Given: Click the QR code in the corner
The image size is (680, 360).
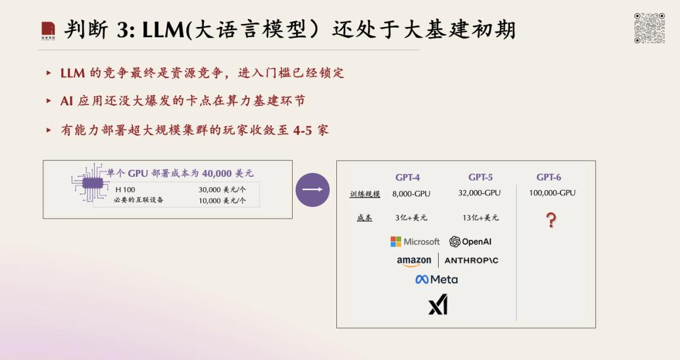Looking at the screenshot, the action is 650,28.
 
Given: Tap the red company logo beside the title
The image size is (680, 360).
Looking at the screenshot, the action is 48,31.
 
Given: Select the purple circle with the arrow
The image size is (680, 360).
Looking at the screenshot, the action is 313,189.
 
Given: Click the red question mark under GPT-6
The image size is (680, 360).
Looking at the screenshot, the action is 551,220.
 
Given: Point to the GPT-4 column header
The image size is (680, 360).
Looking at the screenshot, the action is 407,177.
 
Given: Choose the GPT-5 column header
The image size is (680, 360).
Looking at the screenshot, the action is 480,177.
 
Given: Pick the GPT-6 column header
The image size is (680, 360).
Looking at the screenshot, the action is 548,177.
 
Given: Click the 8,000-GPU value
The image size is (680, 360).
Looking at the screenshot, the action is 411,194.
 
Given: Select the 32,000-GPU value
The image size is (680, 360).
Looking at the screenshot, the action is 479,193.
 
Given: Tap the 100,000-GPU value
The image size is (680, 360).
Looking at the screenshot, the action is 552,193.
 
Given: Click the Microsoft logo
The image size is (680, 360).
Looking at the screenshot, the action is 415,242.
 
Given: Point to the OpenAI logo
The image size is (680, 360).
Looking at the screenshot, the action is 470,242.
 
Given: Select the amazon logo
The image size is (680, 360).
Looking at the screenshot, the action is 414,261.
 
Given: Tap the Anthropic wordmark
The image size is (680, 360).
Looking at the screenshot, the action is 472,261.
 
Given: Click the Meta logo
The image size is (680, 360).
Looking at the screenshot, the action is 436,280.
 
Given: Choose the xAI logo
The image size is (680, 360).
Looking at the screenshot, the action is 438,305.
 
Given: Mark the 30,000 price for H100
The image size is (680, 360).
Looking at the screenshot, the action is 210,189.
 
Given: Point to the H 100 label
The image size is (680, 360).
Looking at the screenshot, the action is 125,189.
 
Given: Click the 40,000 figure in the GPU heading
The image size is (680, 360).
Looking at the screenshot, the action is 217,174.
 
